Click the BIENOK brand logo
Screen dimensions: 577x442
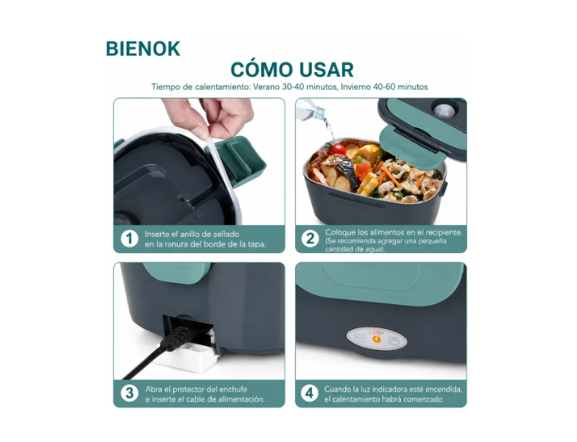[143, 49]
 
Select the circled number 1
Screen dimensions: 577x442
[129, 239]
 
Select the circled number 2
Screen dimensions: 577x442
[310, 239]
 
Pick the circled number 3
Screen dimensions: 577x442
[129, 393]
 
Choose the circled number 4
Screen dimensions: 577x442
[309, 393]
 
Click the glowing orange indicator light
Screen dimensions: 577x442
[377, 339]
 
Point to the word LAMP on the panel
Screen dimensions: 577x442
[377, 332]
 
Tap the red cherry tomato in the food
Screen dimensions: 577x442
[337, 149]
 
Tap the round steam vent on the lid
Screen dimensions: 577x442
[444, 110]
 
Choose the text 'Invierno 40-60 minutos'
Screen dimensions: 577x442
[384, 87]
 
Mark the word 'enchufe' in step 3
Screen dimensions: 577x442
[234, 389]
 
